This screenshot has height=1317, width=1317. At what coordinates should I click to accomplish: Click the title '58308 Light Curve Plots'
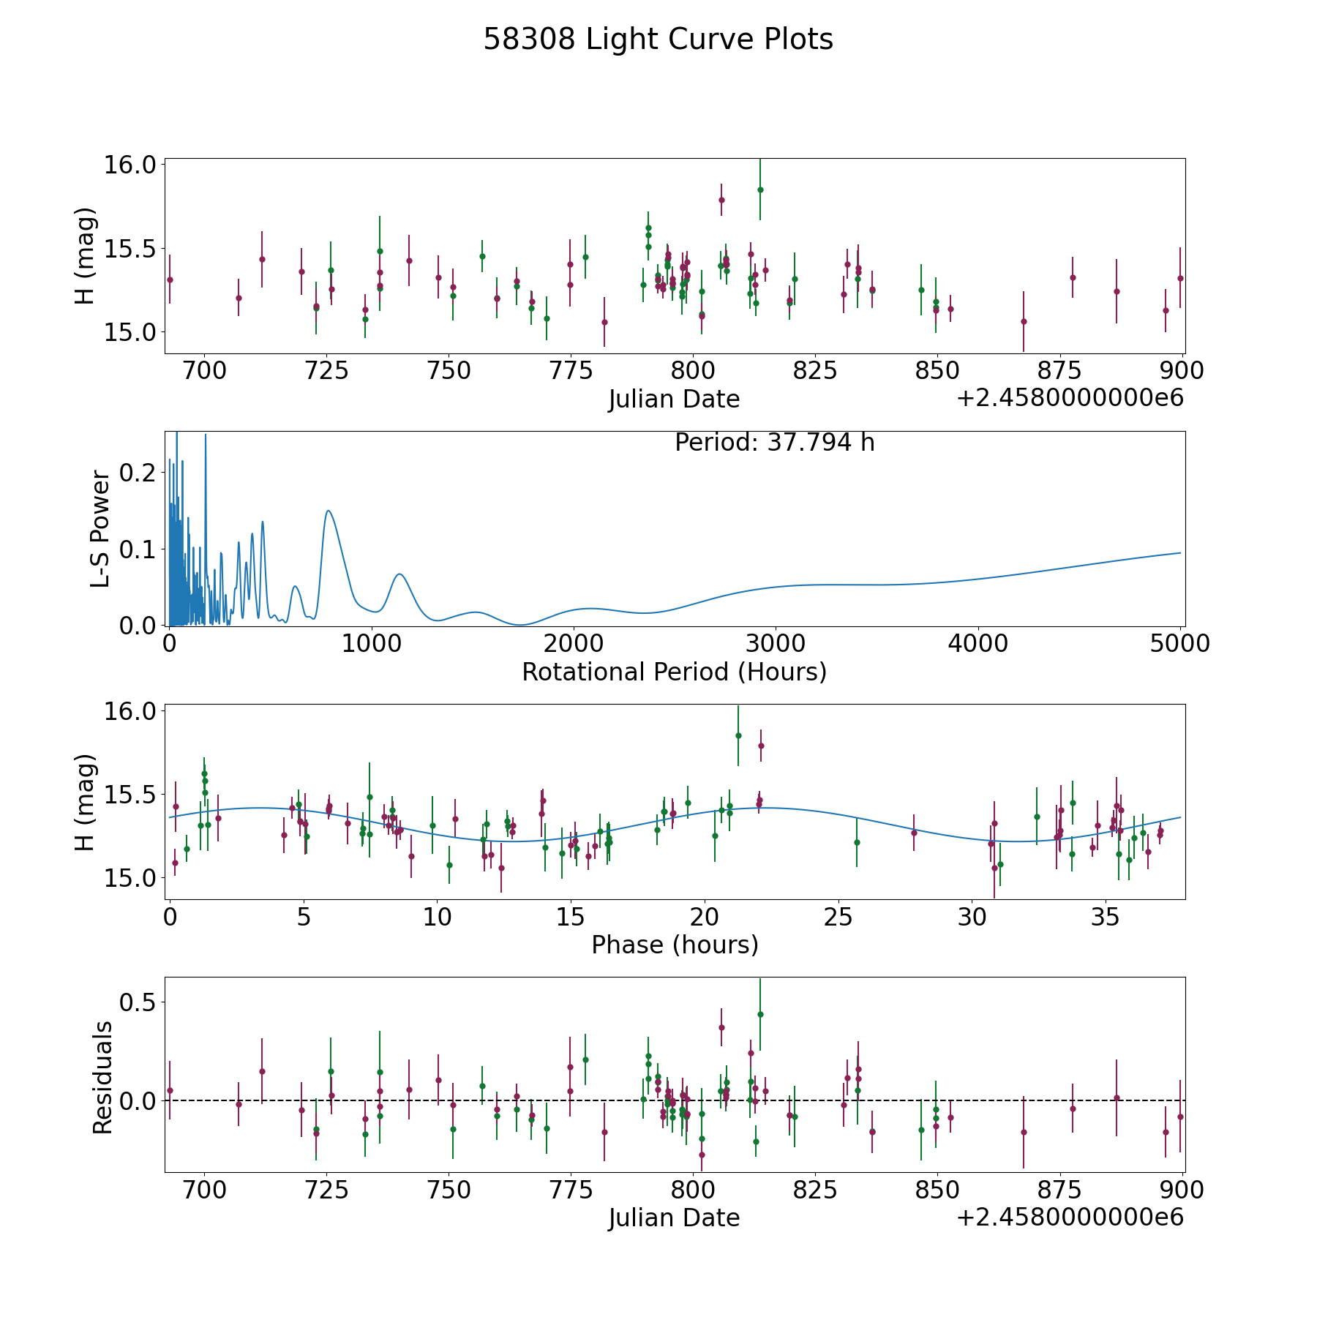(658, 40)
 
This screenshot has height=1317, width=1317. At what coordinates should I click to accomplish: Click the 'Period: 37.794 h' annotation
(774, 443)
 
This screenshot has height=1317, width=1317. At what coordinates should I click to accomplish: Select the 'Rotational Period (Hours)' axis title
(674, 672)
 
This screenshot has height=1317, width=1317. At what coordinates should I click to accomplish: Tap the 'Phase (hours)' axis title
(675, 945)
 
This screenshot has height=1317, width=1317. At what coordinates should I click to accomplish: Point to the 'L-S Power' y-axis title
(100, 528)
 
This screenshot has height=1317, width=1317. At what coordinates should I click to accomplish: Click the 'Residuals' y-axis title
(102, 1077)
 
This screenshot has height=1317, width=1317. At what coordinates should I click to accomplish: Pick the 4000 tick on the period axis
(978, 644)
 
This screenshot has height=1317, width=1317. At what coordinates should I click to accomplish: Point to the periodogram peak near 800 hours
(329, 511)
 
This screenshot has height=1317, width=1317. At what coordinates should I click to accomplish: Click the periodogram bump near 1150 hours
(399, 574)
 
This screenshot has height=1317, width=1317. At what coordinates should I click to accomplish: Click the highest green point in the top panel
(760, 190)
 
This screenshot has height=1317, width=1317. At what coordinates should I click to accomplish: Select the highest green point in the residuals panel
(760, 1014)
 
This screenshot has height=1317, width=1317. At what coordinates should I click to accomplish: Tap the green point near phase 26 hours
(857, 842)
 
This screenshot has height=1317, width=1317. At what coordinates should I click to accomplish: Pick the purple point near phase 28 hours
(914, 833)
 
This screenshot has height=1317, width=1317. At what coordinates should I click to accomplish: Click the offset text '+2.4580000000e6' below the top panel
(1070, 398)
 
